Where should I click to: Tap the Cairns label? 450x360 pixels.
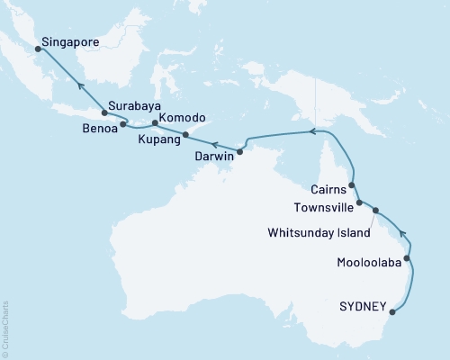(323, 189)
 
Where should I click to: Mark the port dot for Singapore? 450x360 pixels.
(38, 50)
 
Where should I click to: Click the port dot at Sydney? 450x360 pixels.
(392, 314)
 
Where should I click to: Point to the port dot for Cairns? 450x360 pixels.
(352, 185)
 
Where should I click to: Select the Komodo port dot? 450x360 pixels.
(155, 123)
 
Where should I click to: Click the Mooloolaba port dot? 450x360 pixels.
(408, 259)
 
